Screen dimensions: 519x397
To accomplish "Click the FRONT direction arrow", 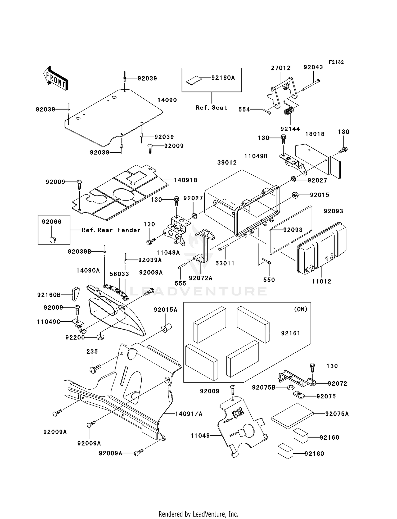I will (x=56, y=78).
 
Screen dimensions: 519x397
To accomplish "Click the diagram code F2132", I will (x=336, y=62).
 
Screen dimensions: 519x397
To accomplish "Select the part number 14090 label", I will (x=167, y=100).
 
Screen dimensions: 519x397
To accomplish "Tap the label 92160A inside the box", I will (x=223, y=78).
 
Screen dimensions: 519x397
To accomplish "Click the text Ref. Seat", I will (x=211, y=108).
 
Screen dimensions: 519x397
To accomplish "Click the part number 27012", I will (x=281, y=68).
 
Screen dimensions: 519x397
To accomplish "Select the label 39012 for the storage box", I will (x=227, y=163).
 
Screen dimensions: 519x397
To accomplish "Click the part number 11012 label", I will (x=322, y=281).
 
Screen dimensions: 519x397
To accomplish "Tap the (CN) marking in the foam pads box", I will (x=301, y=309).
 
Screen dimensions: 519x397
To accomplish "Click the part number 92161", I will (x=291, y=333).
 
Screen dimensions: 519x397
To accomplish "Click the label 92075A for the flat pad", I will (x=337, y=414).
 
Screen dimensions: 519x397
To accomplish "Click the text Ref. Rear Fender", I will (x=111, y=230).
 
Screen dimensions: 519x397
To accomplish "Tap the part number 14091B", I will (x=186, y=180).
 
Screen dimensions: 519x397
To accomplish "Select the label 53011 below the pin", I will (x=225, y=263).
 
